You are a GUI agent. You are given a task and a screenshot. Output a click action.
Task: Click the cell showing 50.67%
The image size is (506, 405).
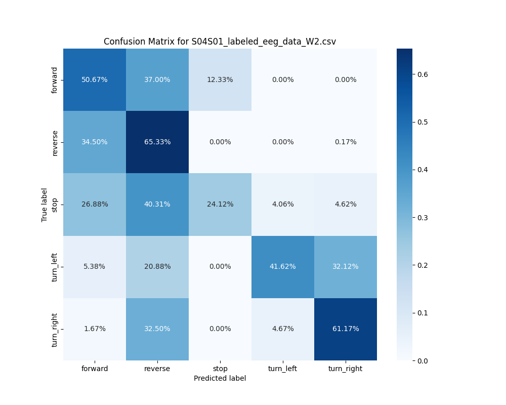pos(95,79)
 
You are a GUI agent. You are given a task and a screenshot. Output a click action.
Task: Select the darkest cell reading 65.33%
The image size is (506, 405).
pos(157,142)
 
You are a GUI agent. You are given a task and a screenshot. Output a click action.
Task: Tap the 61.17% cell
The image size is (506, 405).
pos(346,329)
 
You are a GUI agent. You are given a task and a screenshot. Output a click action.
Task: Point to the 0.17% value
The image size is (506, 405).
pos(346,142)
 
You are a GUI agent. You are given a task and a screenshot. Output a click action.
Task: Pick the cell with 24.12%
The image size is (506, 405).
pos(220,204)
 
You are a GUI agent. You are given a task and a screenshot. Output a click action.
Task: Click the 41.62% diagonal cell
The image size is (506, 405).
pos(283,266)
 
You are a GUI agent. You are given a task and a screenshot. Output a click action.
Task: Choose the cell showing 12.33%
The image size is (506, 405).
pos(220,79)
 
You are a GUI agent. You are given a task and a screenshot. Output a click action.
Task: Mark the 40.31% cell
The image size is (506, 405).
pos(157,204)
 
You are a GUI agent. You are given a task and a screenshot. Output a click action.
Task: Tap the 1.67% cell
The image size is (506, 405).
pos(95,329)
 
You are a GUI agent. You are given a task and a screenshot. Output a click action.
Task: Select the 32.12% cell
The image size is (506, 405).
pos(346,266)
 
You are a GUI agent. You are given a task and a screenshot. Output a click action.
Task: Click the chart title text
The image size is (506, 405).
pos(220,42)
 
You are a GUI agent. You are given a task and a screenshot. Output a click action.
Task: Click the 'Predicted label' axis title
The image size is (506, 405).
pos(220,378)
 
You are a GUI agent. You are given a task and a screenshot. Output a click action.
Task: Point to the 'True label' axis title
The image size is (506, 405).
pos(45,205)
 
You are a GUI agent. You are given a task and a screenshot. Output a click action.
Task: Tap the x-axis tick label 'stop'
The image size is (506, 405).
pos(220,369)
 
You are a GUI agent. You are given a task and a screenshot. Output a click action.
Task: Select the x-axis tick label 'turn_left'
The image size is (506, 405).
pos(283,369)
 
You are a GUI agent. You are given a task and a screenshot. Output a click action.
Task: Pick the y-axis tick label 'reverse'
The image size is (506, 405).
pos(55,142)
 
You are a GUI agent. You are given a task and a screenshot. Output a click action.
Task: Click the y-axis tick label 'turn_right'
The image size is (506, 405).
pos(55,330)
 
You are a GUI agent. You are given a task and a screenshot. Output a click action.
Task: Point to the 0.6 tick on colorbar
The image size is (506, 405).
pos(423,74)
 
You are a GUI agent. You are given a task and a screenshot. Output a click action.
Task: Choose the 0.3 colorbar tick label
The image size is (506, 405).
pos(423,217)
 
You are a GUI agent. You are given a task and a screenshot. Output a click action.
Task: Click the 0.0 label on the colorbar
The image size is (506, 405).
pos(423,360)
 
